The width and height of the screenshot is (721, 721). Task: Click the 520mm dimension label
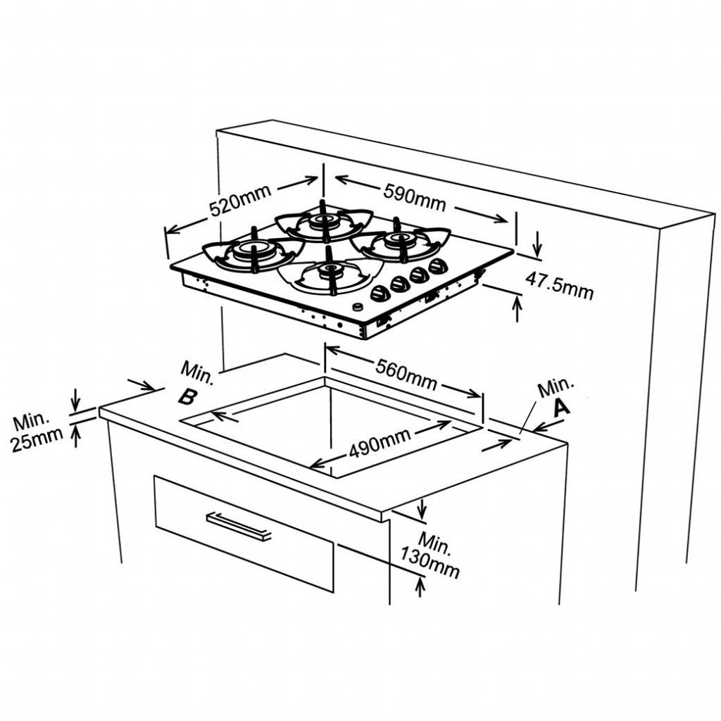(240, 201)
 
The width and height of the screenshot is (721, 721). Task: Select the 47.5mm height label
(559, 285)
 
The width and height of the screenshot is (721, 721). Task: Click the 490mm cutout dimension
(380, 444)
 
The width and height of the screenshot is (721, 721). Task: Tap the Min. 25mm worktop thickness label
(37, 432)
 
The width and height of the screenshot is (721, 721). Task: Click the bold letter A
(561, 408)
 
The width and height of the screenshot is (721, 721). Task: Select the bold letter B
(188, 396)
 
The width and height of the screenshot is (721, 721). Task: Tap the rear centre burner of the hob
(322, 221)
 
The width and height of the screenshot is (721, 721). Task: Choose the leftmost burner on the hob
(253, 251)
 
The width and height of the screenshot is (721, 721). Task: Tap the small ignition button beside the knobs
(357, 307)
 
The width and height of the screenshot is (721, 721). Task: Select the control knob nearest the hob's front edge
(380, 293)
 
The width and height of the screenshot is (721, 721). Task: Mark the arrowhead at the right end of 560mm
(475, 394)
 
